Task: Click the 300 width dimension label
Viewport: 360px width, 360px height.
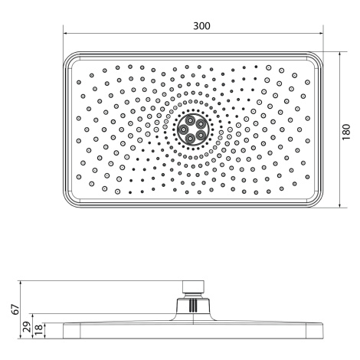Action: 201,26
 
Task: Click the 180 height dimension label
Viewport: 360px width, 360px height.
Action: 346,132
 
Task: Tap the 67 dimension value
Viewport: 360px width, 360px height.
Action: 16,309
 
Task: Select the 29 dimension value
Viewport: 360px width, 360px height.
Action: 27,326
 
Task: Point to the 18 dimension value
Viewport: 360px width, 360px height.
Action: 38,331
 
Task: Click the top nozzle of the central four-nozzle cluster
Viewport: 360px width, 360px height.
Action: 190,120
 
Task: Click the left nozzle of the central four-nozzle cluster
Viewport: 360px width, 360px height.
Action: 183,129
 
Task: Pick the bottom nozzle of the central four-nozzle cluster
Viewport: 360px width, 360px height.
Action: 191,138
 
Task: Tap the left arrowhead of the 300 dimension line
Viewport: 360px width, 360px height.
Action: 65,33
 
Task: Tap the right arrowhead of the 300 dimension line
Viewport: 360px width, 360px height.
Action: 321,33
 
